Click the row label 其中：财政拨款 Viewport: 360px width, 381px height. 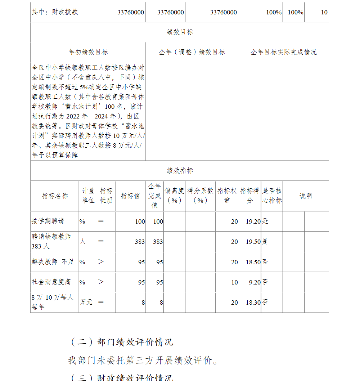coord(55,12)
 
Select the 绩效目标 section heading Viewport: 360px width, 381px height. coord(180,32)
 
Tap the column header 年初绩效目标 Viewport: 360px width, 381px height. coord(88,52)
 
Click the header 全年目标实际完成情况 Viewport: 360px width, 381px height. coord(283,52)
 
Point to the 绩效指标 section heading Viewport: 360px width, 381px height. coord(180,171)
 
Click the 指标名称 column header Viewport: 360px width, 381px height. coord(55,196)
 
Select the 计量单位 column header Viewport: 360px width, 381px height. coord(88,196)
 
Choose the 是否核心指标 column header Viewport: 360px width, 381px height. coord(272,196)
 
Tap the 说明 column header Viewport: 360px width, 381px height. coord(306,196)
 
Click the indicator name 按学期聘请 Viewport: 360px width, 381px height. coord(48,221)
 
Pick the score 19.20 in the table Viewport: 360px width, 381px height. coord(253,221)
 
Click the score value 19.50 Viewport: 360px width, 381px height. coord(253,242)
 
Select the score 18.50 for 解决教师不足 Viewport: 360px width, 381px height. coord(253,262)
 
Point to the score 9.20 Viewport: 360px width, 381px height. coord(255,282)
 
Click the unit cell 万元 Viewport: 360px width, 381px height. coord(86,302)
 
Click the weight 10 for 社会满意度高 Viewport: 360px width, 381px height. coord(234,282)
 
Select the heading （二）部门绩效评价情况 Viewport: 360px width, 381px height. coord(121,342)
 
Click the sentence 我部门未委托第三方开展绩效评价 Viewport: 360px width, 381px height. coord(143,360)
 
